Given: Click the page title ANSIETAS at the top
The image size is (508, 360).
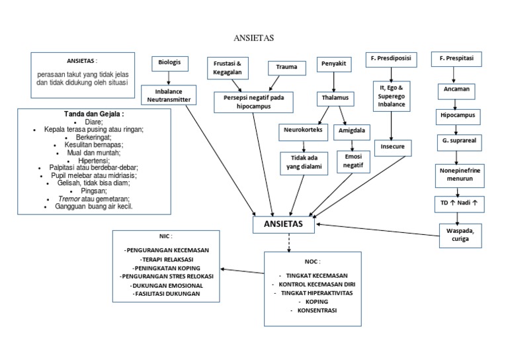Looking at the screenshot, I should [254, 38].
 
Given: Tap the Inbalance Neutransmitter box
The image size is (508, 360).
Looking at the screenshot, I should [167, 95].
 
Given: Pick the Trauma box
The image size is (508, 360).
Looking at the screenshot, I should [286, 67].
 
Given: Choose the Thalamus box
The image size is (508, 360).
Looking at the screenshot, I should [334, 97].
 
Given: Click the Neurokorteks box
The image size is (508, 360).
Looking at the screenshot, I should [303, 130].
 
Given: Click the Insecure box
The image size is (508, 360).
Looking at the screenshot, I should [392, 146].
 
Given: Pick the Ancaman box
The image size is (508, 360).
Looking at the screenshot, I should [456, 88].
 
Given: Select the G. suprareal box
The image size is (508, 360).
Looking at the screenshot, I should [456, 141].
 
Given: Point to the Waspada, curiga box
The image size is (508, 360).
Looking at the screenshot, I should [459, 234].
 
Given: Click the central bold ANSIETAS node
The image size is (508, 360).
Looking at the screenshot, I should [284, 224].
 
